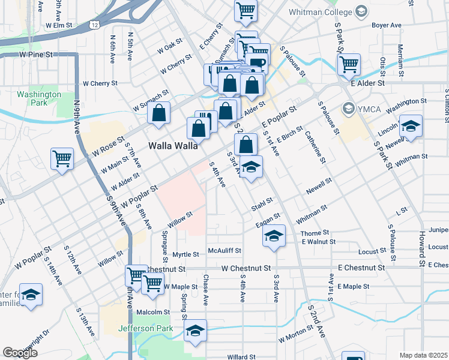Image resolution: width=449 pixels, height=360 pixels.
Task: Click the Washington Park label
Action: pyautogui.click(x=39, y=98)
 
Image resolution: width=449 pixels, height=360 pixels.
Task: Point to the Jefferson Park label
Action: pyautogui.click(x=145, y=328)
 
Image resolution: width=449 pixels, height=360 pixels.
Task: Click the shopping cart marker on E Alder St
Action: pyautogui.click(x=348, y=64)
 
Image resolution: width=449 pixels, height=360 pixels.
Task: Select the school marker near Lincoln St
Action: pyautogui.click(x=411, y=126)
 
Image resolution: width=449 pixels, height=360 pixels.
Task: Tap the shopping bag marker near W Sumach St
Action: pyautogui.click(x=159, y=113)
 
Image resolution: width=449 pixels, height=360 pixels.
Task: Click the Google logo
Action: pyautogui.click(x=20, y=353)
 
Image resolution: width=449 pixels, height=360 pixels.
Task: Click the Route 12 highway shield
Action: pyautogui.click(x=96, y=24)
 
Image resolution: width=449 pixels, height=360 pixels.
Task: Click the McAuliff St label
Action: pyautogui.click(x=224, y=250)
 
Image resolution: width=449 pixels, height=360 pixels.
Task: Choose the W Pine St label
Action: pyautogui.click(x=36, y=54)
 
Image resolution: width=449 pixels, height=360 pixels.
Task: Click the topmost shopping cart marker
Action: pyautogui.click(x=246, y=9)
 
